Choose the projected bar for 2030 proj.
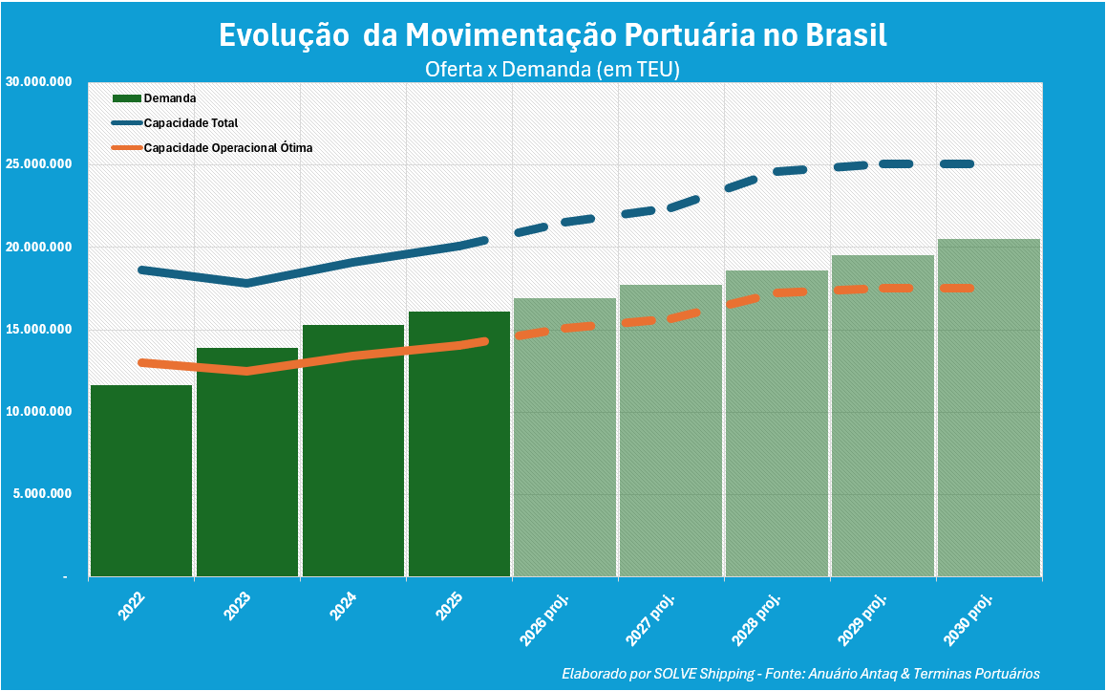pyautogui.click(x=989, y=411)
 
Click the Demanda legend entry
pyautogui.click(x=169, y=98)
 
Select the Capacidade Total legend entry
pyautogui.click(x=190, y=123)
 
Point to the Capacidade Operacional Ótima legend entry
pyautogui.click(x=227, y=148)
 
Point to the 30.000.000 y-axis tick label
pyautogui.click(x=39, y=82)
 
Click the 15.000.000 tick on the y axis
pyautogui.click(x=39, y=330)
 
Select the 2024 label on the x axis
pyautogui.click(x=343, y=607)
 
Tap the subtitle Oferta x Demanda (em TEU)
pyautogui.click(x=552, y=69)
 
